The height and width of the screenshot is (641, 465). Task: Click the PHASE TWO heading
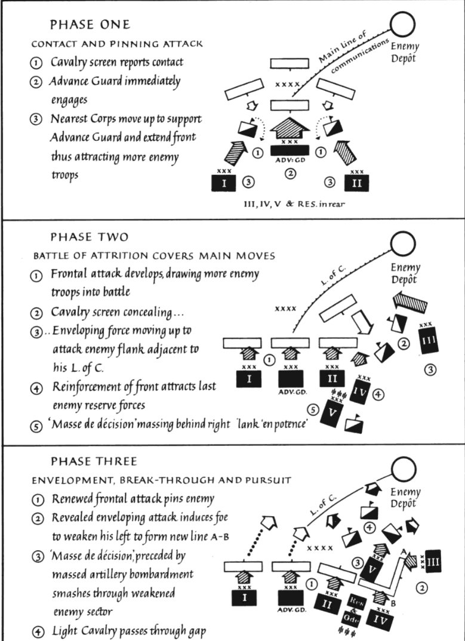90,237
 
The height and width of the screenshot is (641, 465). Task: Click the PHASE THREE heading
94,461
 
